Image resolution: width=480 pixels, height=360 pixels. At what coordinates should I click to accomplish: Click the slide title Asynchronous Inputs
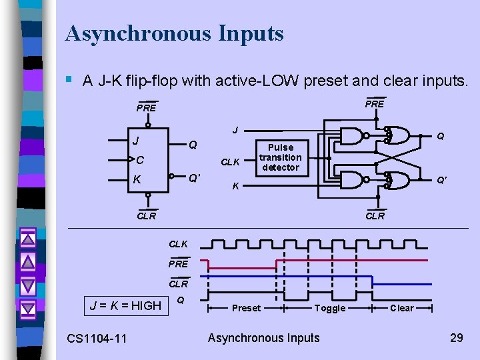point(174,33)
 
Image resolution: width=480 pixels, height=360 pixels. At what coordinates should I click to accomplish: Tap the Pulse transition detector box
point(280,158)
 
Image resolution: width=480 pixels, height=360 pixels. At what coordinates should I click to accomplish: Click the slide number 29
point(456,337)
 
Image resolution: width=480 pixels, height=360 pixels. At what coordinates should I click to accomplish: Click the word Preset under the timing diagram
point(246,308)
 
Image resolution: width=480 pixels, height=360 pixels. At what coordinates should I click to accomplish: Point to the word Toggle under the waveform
point(329,308)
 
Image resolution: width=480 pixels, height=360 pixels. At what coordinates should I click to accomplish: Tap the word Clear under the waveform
point(401,308)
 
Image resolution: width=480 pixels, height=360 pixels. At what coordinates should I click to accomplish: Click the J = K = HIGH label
point(126,306)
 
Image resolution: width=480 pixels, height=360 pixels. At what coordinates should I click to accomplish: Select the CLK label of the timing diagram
point(179,244)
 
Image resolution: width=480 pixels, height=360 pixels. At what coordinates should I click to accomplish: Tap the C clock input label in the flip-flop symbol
point(139,161)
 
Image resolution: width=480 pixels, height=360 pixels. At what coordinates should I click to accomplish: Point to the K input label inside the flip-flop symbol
point(137,179)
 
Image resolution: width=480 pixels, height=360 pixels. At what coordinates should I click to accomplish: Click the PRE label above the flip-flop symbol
point(146,108)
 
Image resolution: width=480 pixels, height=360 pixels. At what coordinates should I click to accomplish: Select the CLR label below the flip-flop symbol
point(146,215)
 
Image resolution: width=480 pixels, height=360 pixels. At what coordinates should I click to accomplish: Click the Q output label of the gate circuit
point(440,136)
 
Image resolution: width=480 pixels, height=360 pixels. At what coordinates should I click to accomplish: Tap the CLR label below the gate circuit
point(375,215)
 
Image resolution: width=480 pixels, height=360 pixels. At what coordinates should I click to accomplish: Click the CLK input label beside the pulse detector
point(231,161)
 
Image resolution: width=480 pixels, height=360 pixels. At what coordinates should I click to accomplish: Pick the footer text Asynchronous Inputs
point(263,338)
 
